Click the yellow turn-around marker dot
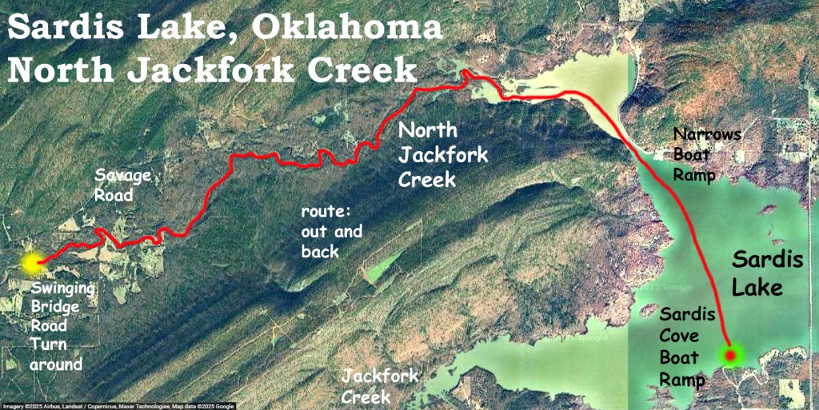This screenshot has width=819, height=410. (32, 262)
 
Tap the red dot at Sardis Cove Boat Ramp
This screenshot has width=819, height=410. (730, 354)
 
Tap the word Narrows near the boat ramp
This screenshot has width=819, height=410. (707, 133)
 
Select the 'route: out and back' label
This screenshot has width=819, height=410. (331, 232)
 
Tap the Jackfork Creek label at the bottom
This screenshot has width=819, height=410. (378, 386)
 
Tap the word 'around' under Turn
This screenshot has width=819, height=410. (56, 364)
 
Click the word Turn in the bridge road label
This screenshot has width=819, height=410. (48, 345)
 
